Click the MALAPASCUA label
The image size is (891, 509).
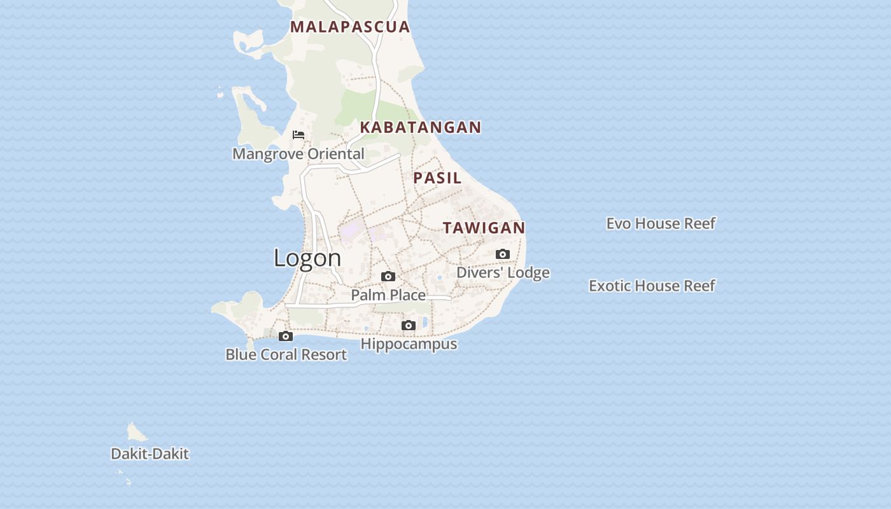pyautogui.click(x=350, y=27)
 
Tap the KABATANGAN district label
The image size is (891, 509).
pyautogui.click(x=421, y=127)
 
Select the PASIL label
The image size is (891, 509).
pyautogui.click(x=437, y=178)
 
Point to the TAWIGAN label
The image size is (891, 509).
pyautogui.click(x=484, y=228)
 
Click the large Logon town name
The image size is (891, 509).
pyautogui.click(x=307, y=258)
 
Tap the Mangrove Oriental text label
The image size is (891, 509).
pyautogui.click(x=298, y=154)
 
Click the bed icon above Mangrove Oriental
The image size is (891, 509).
pyautogui.click(x=298, y=135)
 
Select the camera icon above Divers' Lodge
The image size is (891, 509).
pyautogui.click(x=502, y=254)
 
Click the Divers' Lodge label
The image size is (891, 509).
pyautogui.click(x=503, y=273)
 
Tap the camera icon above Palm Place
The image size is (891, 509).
pyautogui.click(x=388, y=276)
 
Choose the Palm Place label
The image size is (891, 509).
pyautogui.click(x=388, y=295)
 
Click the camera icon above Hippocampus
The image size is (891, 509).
pyautogui.click(x=409, y=326)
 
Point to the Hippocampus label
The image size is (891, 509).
pyautogui.click(x=409, y=344)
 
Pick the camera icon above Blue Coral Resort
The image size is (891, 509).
pyautogui.click(x=286, y=336)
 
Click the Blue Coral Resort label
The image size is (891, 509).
pyautogui.click(x=286, y=355)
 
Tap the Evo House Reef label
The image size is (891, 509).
pyautogui.click(x=661, y=223)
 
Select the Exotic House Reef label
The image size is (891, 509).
pyautogui.click(x=652, y=286)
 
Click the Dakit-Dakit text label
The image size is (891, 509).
pyautogui.click(x=150, y=454)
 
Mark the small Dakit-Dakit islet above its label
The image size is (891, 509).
pyautogui.click(x=136, y=433)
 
